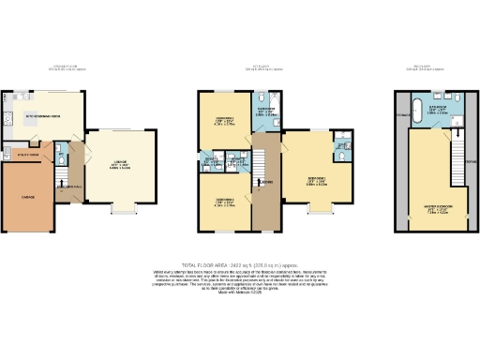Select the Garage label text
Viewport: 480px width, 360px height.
(x=28, y=198)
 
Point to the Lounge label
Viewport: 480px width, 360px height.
(x=120, y=166)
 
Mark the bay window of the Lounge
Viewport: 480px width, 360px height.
(x=120, y=208)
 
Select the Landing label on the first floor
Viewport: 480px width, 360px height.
(x=267, y=182)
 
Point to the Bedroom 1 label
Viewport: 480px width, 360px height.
(x=317, y=181)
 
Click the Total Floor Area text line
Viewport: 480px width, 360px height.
(x=240, y=266)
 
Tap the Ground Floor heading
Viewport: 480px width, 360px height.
(x=67, y=67)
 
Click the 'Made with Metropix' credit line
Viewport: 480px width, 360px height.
(x=239, y=295)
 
